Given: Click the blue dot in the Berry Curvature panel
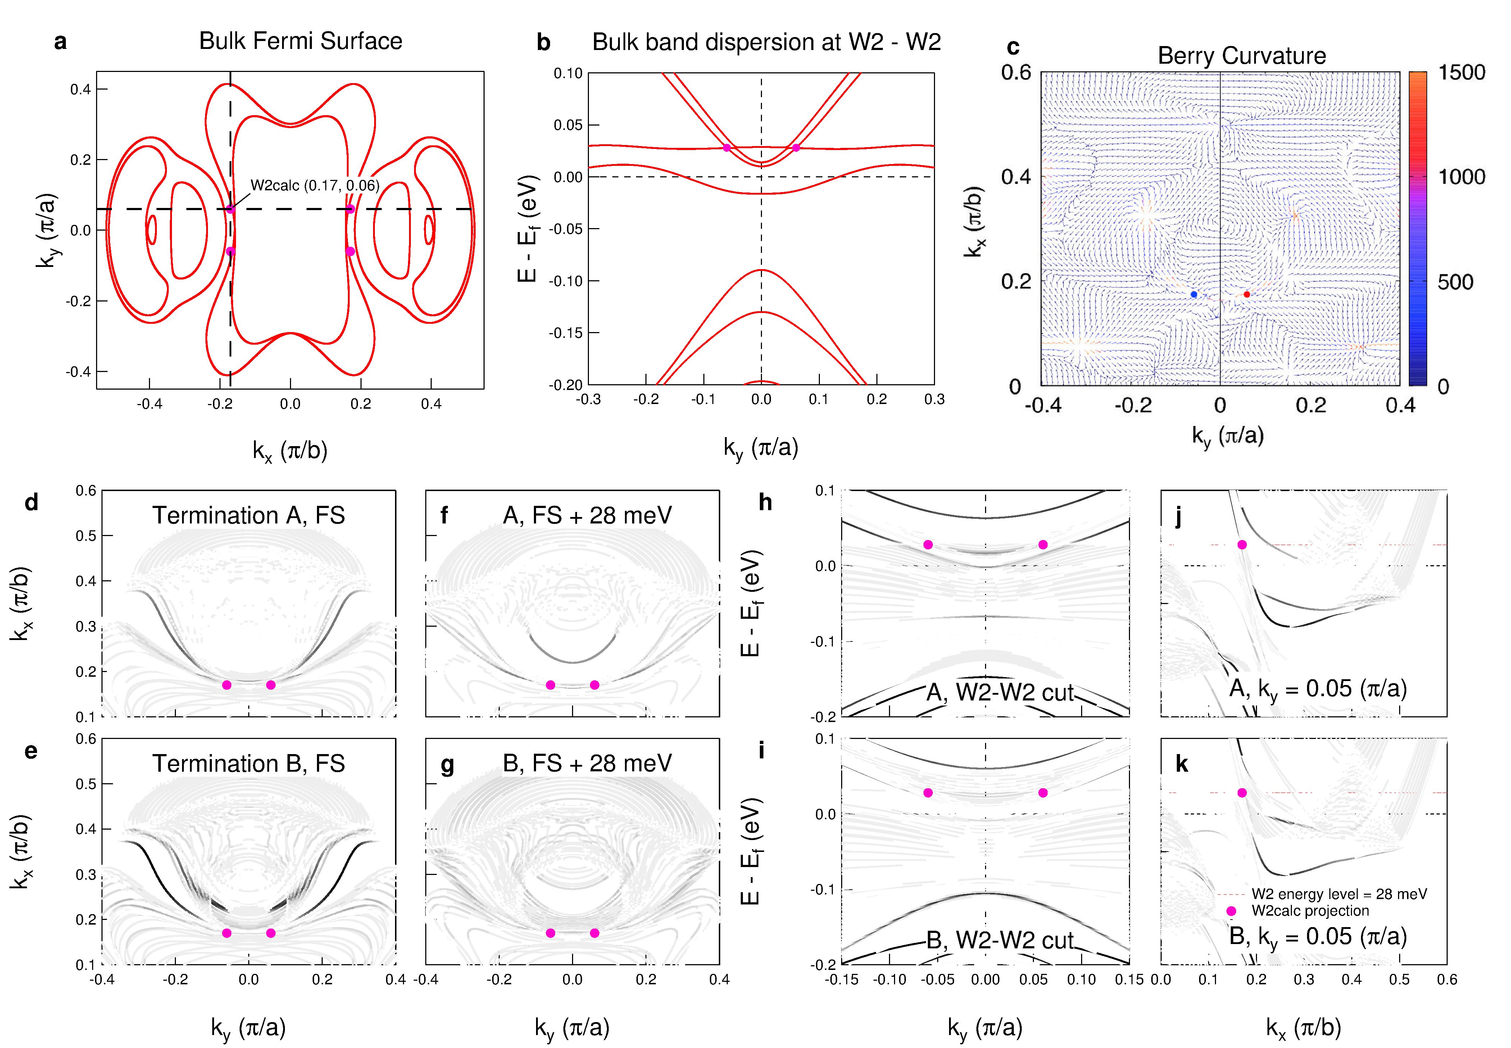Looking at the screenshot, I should (1194, 294).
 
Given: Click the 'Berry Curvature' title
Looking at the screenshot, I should (1241, 56).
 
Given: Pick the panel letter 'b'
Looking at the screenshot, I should (543, 42).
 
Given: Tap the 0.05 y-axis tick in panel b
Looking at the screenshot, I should (568, 125).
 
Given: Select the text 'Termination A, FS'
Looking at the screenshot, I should (248, 516).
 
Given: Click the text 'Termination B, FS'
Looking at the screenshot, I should (248, 764).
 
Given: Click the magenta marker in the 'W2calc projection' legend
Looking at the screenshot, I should (1231, 911).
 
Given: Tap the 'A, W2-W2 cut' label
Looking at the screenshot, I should (999, 693).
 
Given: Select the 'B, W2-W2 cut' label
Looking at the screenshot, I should (999, 940).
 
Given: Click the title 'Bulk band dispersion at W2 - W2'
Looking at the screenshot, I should (766, 42).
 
